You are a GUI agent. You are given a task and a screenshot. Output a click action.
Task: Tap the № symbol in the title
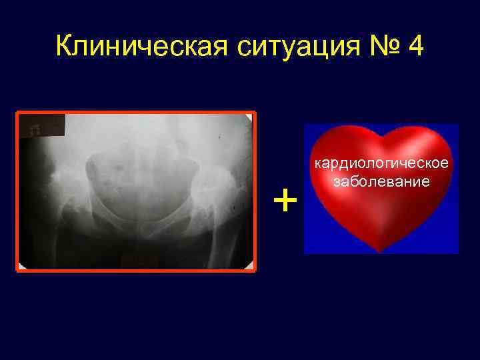tap(377, 47)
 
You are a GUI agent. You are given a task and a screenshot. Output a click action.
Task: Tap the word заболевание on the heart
tap(381, 181)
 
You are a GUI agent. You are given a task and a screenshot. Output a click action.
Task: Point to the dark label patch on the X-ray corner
tap(42, 125)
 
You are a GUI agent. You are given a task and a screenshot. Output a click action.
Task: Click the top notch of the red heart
tap(381, 135)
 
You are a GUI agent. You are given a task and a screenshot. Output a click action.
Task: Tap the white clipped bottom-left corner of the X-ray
tap(22, 266)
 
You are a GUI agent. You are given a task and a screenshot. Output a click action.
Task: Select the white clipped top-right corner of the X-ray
tap(250, 117)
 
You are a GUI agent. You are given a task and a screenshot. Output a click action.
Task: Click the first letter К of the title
tap(65, 47)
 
